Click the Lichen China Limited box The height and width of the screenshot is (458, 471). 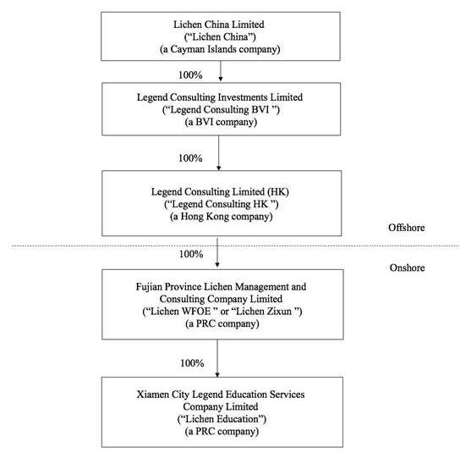pyautogui.click(x=221, y=36)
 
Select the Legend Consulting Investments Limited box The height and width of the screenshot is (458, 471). pyautogui.click(x=221, y=109)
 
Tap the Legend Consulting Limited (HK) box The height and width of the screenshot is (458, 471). pyautogui.click(x=222, y=203)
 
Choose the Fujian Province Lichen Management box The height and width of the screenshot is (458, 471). pyautogui.click(x=222, y=304)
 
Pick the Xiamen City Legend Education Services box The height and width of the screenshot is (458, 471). pyautogui.click(x=222, y=412)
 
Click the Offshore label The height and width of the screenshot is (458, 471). pyautogui.click(x=407, y=228)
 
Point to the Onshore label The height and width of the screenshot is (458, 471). pyautogui.click(x=407, y=268)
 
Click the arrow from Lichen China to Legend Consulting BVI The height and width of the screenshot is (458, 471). pyautogui.click(x=221, y=71)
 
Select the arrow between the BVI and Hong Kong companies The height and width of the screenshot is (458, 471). pyautogui.click(x=219, y=152)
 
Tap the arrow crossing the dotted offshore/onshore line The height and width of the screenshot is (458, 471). pyautogui.click(x=217, y=252)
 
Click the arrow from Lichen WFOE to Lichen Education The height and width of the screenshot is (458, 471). pyautogui.click(x=217, y=358)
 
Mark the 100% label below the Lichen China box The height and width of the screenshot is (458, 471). pyautogui.click(x=190, y=74)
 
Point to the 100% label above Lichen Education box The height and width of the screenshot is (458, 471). pyautogui.click(x=192, y=363)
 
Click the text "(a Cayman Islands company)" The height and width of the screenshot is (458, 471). pyautogui.click(x=220, y=49)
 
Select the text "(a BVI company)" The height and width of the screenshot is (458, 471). pyautogui.click(x=221, y=122)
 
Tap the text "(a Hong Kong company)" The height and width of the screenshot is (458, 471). pyautogui.click(x=222, y=217)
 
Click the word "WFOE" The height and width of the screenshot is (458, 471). pyautogui.click(x=196, y=312)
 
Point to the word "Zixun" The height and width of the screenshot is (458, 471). pyautogui.click(x=279, y=312)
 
